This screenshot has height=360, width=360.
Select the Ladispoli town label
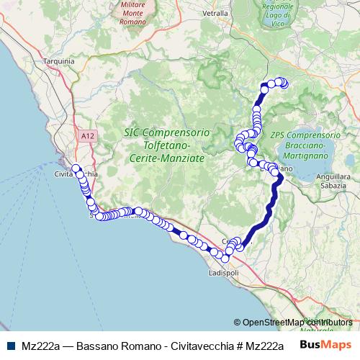tap(222, 274)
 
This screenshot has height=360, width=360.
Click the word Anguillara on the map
tap(337, 178)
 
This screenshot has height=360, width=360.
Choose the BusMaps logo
tap(326, 344)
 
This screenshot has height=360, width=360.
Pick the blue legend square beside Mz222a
tap(9, 344)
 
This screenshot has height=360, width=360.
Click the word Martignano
tap(305, 157)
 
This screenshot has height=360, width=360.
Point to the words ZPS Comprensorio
tap(305, 135)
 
